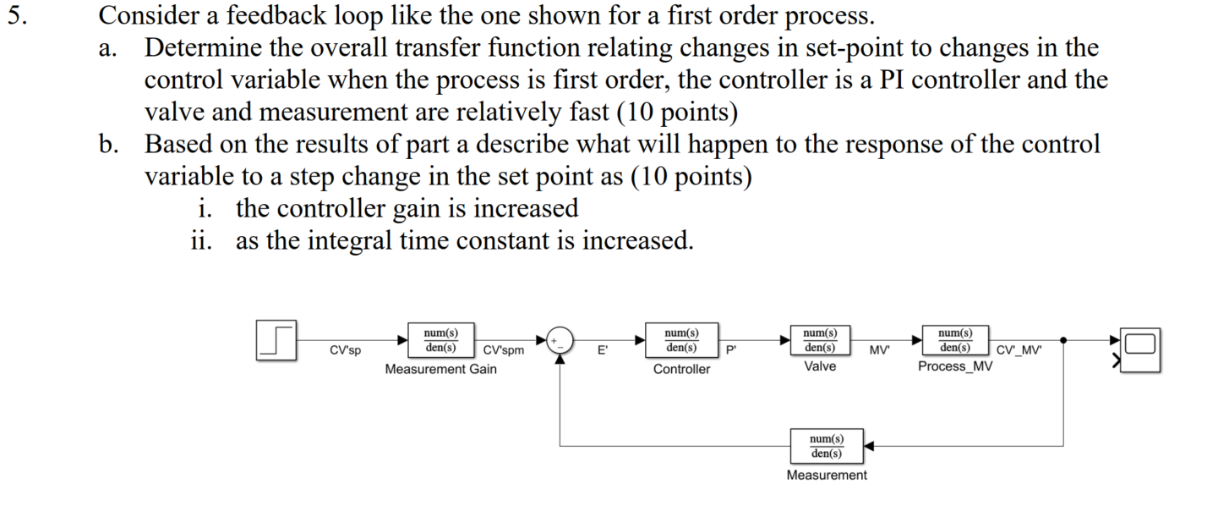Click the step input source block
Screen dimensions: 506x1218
[x=276, y=341]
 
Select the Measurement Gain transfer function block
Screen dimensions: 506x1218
[x=440, y=340]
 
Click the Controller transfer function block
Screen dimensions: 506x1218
[x=681, y=340]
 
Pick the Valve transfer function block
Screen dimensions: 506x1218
[x=820, y=340]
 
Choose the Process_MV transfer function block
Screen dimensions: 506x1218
[x=955, y=340]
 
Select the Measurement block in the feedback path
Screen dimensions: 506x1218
[x=826, y=445]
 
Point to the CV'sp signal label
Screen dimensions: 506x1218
[x=345, y=350]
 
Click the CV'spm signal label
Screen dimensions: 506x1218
[x=503, y=350]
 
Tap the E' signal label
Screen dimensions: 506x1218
[x=602, y=350]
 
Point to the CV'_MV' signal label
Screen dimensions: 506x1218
[x=1019, y=350]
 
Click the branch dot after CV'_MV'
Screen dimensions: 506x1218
[x=1062, y=339]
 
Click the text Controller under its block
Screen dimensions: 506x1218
[x=681, y=369]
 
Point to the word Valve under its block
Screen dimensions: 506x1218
[x=820, y=366]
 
